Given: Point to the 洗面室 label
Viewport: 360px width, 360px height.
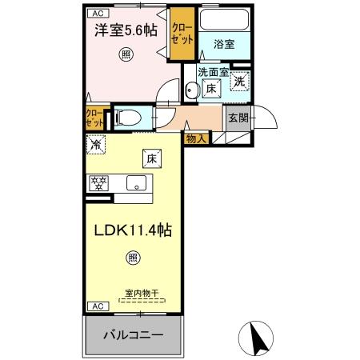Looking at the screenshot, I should [x=214, y=72].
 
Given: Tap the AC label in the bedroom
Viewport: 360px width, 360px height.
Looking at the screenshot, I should [x=96, y=13].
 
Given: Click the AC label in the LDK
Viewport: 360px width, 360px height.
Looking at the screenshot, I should [x=96, y=306].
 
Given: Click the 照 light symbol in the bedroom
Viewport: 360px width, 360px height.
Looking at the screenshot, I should [x=126, y=54].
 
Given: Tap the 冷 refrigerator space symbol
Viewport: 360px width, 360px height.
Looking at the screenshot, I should [x=96, y=146].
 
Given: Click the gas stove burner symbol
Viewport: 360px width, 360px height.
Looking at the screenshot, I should [x=99, y=182].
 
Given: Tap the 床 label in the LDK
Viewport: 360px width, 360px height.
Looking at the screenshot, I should [x=150, y=158].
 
